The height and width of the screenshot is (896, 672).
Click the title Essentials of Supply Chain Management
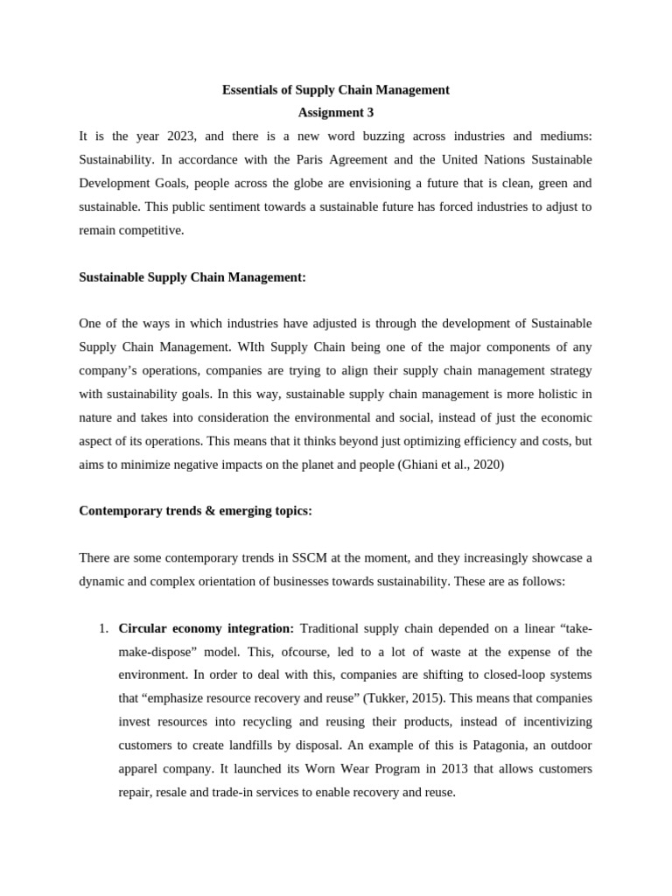336,89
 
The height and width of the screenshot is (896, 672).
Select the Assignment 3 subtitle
336,112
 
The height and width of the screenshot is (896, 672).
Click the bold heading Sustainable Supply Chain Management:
192,276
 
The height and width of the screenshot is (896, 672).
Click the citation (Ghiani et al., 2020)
450,465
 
